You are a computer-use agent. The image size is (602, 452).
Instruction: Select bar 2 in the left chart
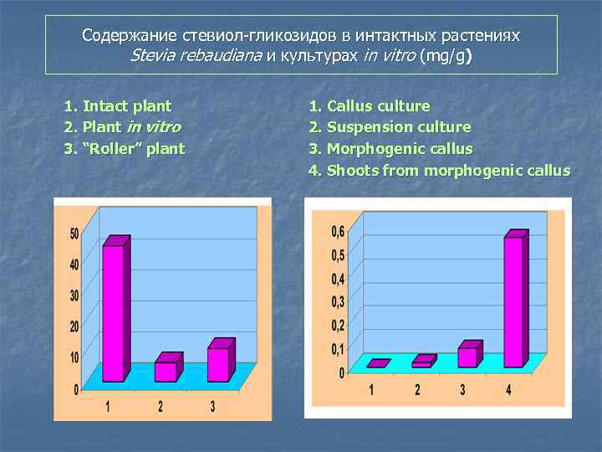pos(166,370)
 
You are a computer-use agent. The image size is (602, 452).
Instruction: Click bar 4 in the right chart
pos(513,301)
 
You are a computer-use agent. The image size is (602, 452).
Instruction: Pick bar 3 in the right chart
pos(467,357)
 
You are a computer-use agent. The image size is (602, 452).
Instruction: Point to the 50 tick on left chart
pos(74,234)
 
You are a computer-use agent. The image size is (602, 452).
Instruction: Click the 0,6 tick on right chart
pos(337,231)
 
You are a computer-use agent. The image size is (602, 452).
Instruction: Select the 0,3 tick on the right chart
pos(337,301)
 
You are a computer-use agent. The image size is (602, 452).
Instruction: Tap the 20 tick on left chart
pos(74,326)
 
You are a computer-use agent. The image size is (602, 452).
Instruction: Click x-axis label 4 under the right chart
pos(508,389)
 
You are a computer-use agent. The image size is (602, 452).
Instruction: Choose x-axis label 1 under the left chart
pos(108,407)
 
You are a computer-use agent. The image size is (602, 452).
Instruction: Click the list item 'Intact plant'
pos(125,106)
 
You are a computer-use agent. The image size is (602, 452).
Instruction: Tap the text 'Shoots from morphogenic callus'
pos(447,172)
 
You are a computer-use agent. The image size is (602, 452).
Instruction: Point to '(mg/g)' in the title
pos(446,57)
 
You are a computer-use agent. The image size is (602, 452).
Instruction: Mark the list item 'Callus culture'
pos(378,106)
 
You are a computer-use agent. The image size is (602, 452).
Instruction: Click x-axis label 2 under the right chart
pos(417,389)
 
